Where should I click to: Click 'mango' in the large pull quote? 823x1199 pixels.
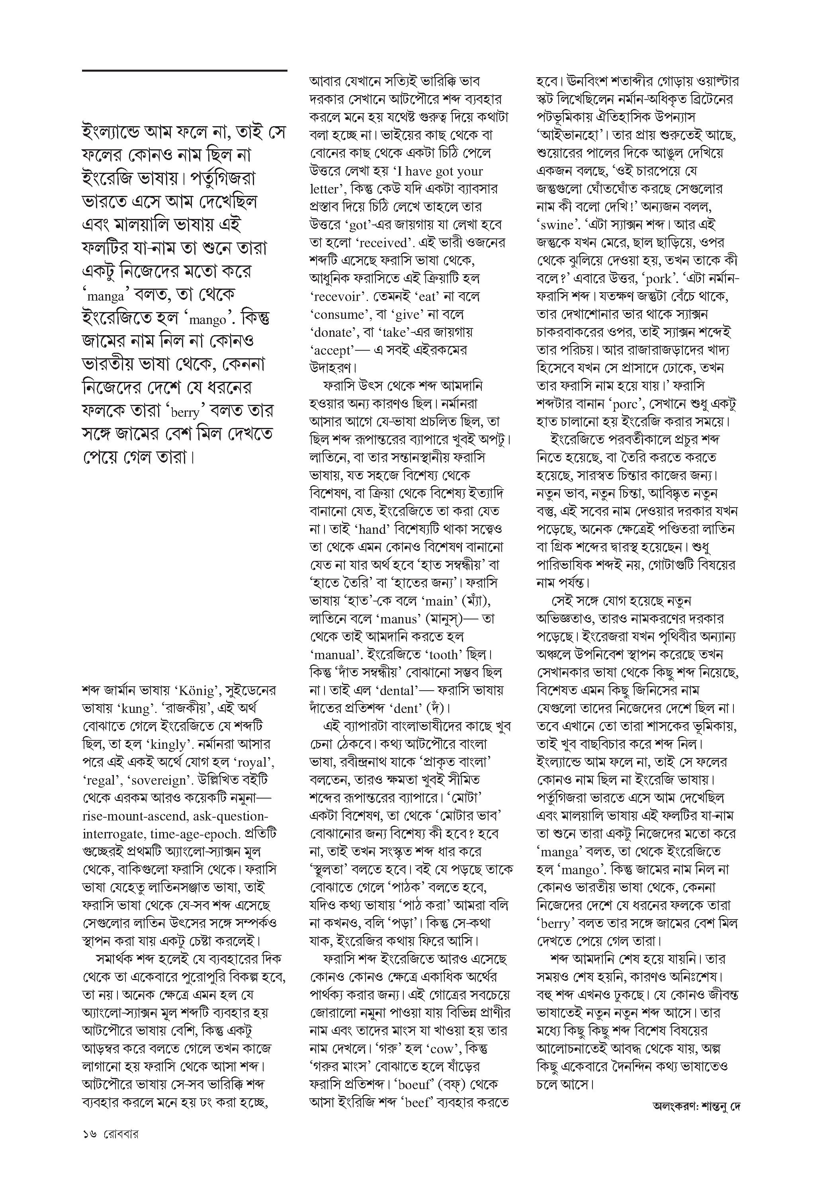coord(207,320)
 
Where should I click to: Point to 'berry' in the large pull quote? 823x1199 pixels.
coord(185,412)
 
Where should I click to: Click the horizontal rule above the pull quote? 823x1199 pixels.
coord(184,70)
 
